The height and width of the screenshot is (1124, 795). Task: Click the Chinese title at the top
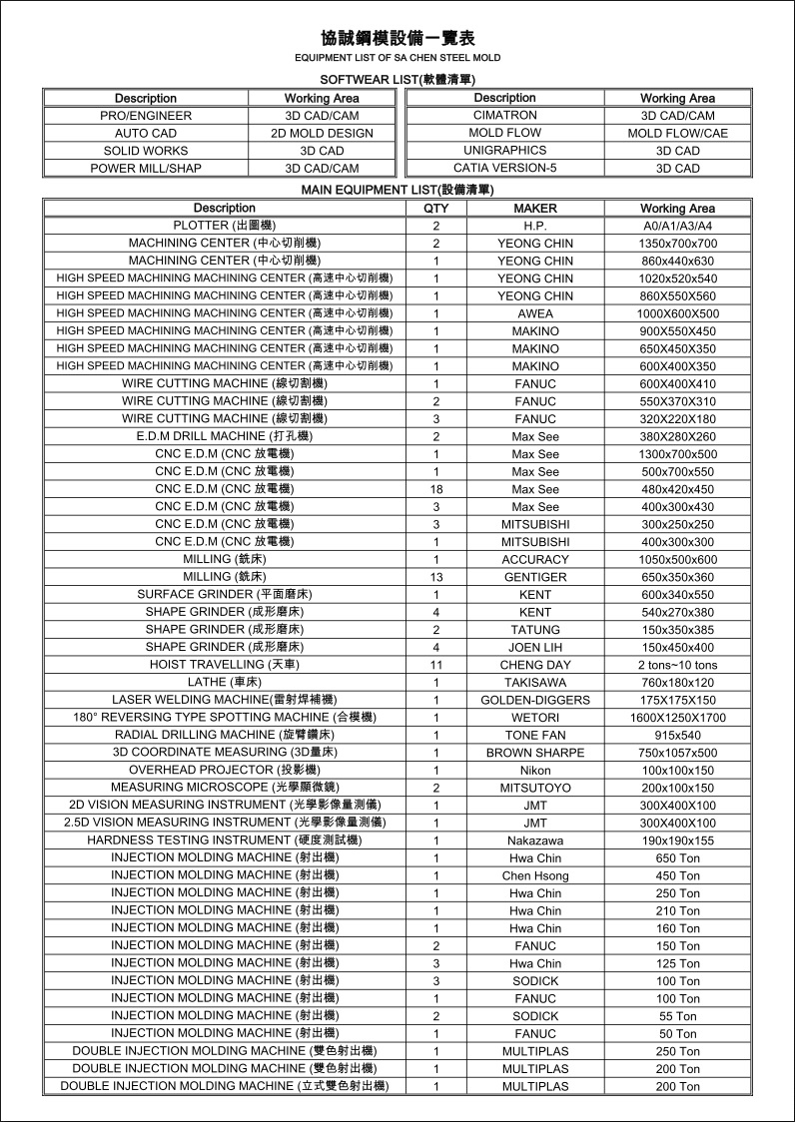click(397, 38)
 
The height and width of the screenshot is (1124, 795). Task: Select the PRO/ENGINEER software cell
click(146, 116)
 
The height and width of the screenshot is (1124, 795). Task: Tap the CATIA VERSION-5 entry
click(504, 168)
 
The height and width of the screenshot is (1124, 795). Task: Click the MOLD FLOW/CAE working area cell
click(677, 133)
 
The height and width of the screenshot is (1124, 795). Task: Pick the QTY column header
click(435, 209)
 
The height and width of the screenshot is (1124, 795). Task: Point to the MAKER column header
click(535, 209)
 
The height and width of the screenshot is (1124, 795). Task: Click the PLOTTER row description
click(225, 226)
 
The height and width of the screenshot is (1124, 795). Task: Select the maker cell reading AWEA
click(535, 313)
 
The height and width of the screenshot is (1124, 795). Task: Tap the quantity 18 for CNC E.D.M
click(436, 489)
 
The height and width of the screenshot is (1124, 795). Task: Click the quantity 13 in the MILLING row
click(436, 577)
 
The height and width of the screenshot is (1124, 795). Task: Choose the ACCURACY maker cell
click(535, 560)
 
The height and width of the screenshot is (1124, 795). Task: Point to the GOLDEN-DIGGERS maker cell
click(535, 700)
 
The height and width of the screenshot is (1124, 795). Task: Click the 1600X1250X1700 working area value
click(677, 718)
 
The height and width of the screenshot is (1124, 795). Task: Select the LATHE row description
click(225, 682)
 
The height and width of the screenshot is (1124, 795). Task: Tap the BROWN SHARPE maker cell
click(535, 753)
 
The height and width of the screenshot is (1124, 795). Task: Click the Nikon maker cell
click(535, 771)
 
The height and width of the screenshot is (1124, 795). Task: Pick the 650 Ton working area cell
click(677, 858)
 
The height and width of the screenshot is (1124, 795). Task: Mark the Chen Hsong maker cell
click(535, 875)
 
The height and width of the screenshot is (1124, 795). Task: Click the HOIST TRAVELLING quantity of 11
click(436, 665)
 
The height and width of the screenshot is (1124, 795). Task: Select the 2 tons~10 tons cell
click(677, 665)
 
